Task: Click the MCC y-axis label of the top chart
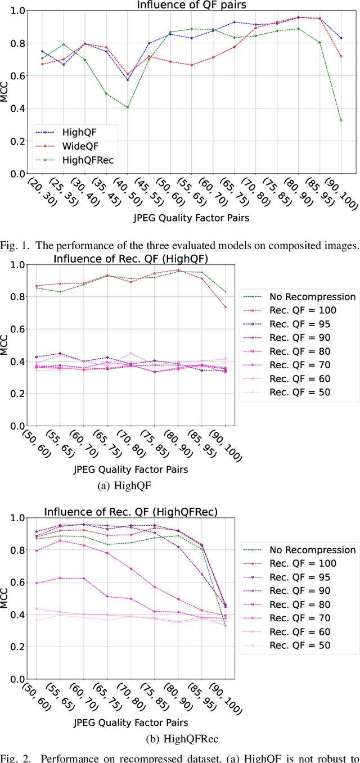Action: (x=5, y=92)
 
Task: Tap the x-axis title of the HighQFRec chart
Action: (x=130, y=723)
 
